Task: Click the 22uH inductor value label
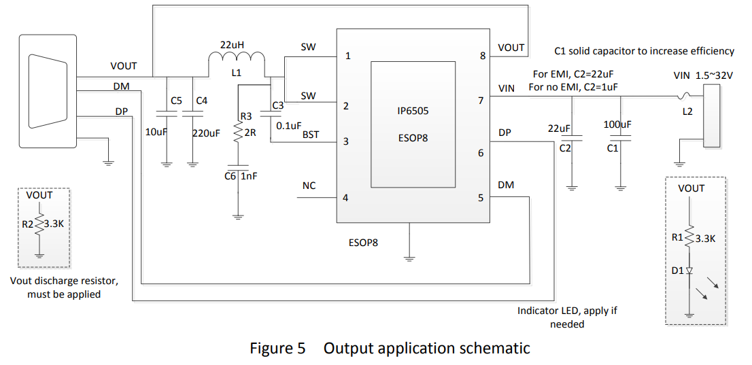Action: [232, 45]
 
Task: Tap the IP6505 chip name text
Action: [413, 111]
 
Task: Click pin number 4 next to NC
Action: [345, 198]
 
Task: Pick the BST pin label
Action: [311, 135]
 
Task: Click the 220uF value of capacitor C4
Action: [206, 134]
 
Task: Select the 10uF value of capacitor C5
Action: [157, 132]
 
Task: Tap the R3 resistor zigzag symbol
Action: [238, 133]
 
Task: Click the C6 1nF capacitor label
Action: [241, 176]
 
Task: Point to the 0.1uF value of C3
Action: [288, 125]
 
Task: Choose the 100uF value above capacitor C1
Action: [617, 124]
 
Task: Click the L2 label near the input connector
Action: [687, 111]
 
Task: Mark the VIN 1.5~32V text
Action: [703, 75]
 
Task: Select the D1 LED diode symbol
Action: [689, 271]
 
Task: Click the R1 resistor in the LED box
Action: [689, 238]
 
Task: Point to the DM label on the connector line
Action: [122, 86]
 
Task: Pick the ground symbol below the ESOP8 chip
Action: [409, 258]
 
